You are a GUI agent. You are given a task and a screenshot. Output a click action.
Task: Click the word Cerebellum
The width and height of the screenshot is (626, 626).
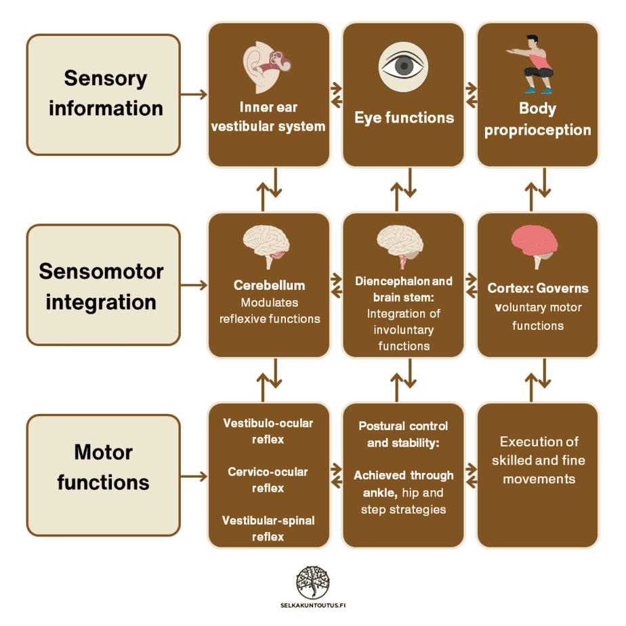[x=269, y=286]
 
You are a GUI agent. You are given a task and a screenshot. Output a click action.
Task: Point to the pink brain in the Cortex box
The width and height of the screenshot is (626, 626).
[x=535, y=245]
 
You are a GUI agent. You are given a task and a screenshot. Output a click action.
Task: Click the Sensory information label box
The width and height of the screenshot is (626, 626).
[x=104, y=94]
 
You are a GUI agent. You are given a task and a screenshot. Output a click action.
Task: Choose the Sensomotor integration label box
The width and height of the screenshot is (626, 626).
[x=104, y=285]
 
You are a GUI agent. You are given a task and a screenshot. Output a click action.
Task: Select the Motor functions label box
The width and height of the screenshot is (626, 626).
[x=104, y=467]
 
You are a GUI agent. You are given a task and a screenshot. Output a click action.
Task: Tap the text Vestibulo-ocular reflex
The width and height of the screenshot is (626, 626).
[x=268, y=431]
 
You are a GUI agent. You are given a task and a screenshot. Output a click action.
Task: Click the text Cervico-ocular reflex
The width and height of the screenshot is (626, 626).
[x=268, y=480]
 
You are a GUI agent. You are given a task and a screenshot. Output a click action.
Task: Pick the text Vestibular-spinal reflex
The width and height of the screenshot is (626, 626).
[x=268, y=528]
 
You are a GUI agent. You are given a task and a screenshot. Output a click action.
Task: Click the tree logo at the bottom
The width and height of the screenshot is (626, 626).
[x=313, y=581]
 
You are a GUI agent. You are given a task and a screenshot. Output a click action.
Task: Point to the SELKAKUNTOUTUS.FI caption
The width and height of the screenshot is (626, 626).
[x=313, y=605]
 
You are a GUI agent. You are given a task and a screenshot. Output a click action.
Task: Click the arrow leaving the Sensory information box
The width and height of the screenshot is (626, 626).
[x=194, y=94]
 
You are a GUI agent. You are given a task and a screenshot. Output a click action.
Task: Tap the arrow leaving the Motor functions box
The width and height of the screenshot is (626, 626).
[x=194, y=476]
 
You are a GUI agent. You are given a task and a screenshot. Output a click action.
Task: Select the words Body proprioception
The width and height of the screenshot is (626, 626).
[x=537, y=119]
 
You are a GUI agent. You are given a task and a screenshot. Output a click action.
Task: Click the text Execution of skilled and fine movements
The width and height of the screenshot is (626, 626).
[x=539, y=460]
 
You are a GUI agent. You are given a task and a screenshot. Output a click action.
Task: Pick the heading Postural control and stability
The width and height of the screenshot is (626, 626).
[x=403, y=434]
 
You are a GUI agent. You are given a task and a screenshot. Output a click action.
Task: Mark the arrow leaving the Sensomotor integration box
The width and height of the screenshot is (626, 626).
[x=194, y=285]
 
